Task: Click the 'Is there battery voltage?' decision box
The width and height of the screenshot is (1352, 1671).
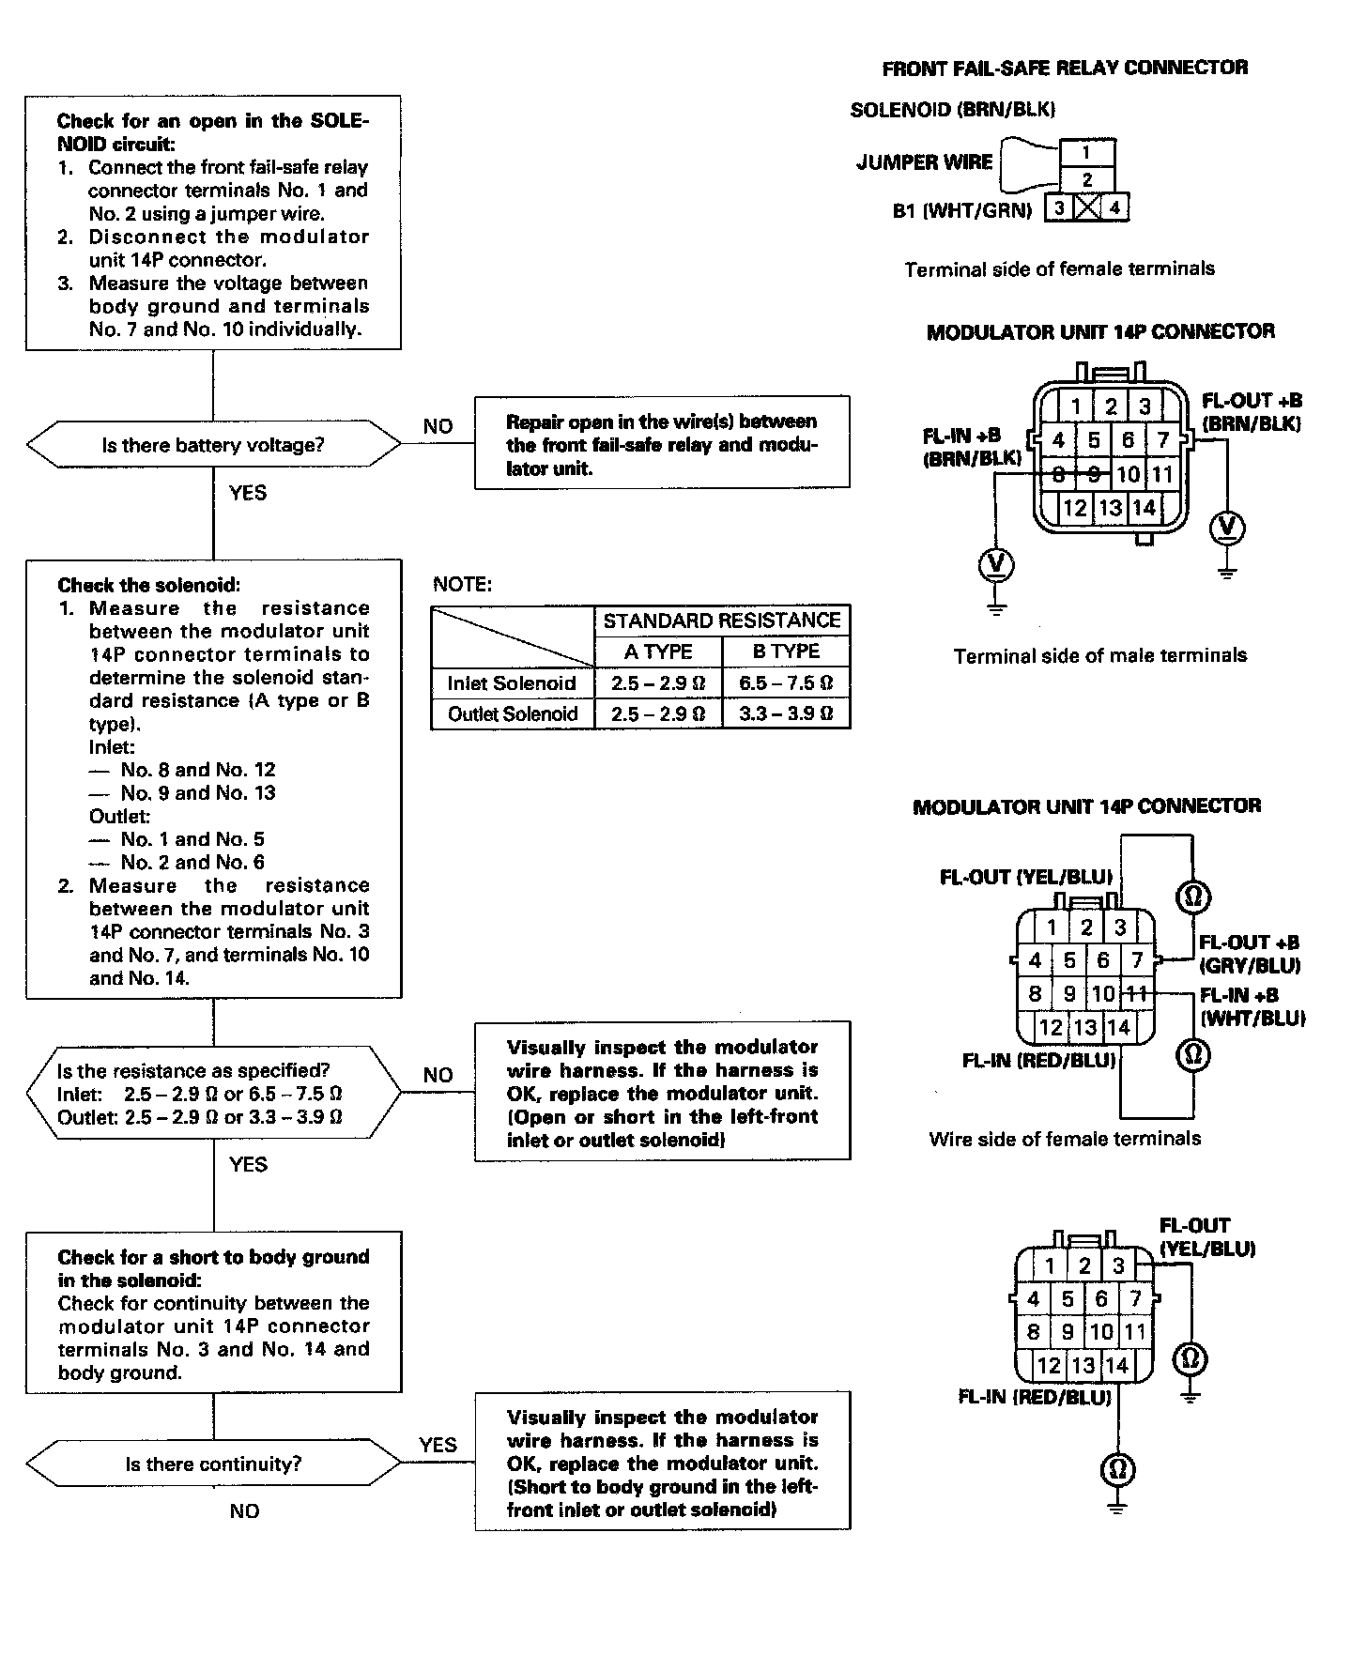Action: (213, 445)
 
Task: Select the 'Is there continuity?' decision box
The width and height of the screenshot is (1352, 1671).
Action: (213, 1464)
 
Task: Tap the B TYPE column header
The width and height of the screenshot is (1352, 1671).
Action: (786, 652)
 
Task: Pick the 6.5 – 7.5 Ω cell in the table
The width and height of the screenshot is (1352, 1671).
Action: (786, 682)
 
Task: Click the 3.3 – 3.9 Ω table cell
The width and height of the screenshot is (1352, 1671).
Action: (786, 713)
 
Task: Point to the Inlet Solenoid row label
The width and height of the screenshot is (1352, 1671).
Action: (512, 682)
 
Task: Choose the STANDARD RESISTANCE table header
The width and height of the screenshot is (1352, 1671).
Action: (721, 621)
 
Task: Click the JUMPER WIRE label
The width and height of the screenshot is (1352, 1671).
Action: (924, 162)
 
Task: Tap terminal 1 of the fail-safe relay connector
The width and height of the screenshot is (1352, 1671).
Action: (1086, 152)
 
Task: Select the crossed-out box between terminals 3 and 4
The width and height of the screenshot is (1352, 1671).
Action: (1086, 207)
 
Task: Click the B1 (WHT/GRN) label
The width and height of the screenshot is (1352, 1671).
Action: (961, 211)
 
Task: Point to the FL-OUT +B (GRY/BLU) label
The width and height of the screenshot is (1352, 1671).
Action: (1250, 954)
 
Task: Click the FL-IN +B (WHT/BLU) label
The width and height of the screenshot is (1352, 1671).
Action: (1252, 1006)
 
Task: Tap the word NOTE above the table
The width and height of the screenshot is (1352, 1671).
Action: (462, 585)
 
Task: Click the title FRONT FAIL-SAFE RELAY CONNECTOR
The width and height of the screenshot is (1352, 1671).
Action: (1065, 68)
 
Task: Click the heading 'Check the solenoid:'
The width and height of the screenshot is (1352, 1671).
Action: (149, 585)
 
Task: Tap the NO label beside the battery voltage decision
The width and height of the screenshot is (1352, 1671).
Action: (438, 426)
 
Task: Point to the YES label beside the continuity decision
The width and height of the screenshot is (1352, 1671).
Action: (438, 1445)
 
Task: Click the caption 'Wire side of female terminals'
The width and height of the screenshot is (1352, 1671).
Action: (1065, 1139)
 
